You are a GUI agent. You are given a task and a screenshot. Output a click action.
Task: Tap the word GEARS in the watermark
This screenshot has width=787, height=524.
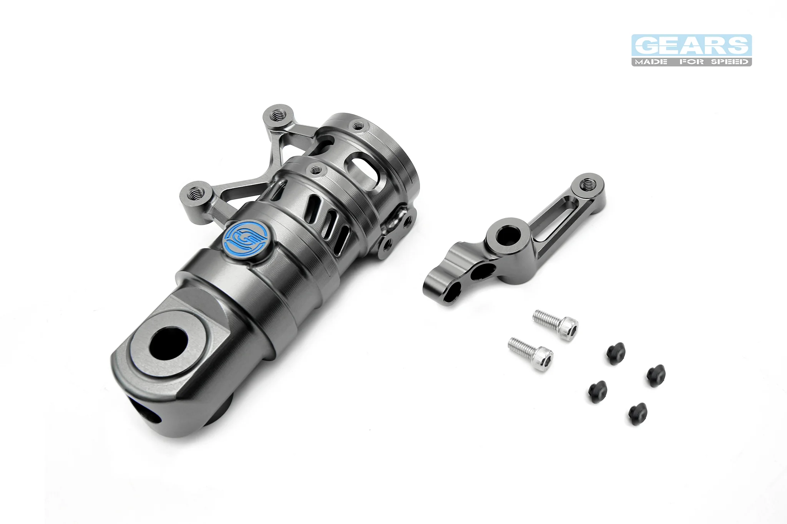692,46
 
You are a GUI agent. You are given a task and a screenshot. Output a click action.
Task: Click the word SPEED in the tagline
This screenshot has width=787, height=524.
729,61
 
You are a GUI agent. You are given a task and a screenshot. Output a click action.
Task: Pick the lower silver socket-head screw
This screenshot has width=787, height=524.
531,353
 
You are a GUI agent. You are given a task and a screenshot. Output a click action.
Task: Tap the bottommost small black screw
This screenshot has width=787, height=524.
638,413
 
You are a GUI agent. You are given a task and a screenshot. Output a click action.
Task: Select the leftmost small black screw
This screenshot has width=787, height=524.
598,392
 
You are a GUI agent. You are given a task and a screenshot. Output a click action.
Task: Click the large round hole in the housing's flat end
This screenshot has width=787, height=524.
168,342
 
